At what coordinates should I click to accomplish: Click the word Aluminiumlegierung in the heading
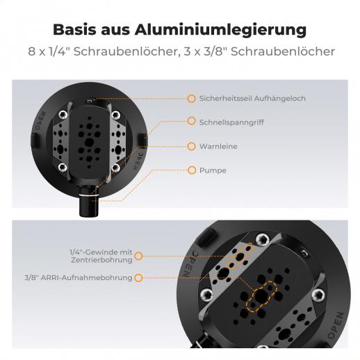click(220, 30)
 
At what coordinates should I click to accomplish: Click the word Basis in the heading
click(74, 30)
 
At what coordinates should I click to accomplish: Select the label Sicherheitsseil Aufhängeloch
click(252, 99)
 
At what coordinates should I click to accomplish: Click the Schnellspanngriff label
click(231, 122)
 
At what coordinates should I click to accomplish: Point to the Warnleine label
click(218, 147)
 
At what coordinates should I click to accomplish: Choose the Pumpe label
click(213, 170)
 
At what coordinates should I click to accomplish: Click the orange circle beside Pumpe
click(192, 170)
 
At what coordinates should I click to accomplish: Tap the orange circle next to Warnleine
click(191, 147)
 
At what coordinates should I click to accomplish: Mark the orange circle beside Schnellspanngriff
click(191, 121)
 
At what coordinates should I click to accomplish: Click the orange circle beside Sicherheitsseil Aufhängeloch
click(191, 99)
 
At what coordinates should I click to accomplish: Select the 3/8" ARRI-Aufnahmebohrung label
click(79, 277)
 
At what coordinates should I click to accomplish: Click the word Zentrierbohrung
click(101, 260)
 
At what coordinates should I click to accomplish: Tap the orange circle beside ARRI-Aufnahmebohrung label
click(138, 278)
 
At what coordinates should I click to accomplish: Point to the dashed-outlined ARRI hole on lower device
click(261, 296)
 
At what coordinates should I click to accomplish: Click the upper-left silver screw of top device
click(63, 115)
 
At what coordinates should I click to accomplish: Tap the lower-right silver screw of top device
click(116, 167)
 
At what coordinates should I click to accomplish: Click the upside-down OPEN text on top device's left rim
click(40, 121)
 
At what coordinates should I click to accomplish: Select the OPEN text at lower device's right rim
click(336, 325)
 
